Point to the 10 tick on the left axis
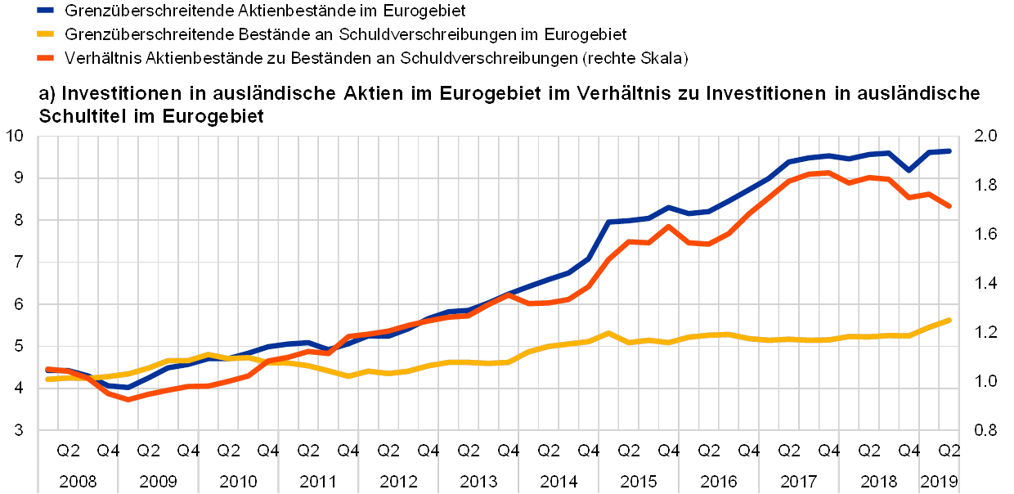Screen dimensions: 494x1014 pyautogui.click(x=19, y=136)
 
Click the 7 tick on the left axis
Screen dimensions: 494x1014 pyautogui.click(x=19, y=262)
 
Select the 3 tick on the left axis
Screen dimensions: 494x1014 pyautogui.click(x=19, y=429)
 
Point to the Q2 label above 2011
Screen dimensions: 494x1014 pyautogui.click(x=308, y=451)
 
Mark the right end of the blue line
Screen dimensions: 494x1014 pyautogui.click(x=949, y=151)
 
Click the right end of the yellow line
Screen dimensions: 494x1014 pyautogui.click(x=949, y=320)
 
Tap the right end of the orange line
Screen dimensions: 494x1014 pyautogui.click(x=949, y=207)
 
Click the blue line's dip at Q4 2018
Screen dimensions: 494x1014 pyautogui.click(x=909, y=170)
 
